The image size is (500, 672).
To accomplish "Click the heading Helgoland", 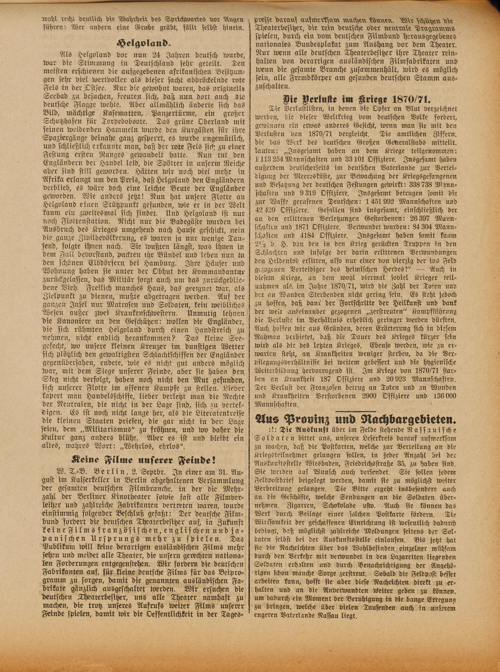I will pyautogui.click(x=143, y=42).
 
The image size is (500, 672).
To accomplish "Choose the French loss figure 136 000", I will pyautogui.click(x=443, y=396).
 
